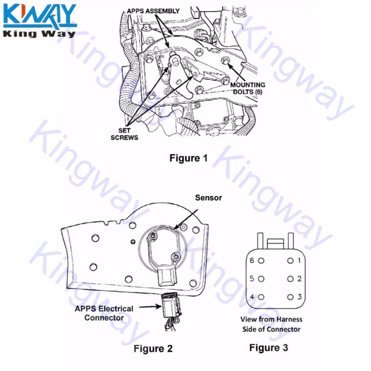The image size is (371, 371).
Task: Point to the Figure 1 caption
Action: (x=188, y=158)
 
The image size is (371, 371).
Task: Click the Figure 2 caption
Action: (x=153, y=349)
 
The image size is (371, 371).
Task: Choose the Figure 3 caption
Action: (x=268, y=348)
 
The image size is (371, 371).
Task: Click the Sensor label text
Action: (x=209, y=198)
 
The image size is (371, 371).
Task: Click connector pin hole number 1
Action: (x=290, y=261)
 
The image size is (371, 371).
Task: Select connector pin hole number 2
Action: (x=290, y=279)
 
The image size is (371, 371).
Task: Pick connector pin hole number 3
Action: (x=290, y=297)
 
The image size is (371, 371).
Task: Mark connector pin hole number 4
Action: (x=261, y=297)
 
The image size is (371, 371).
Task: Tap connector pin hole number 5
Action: (x=261, y=279)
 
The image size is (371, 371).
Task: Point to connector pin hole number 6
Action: (x=261, y=261)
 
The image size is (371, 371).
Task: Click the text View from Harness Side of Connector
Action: (x=271, y=324)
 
